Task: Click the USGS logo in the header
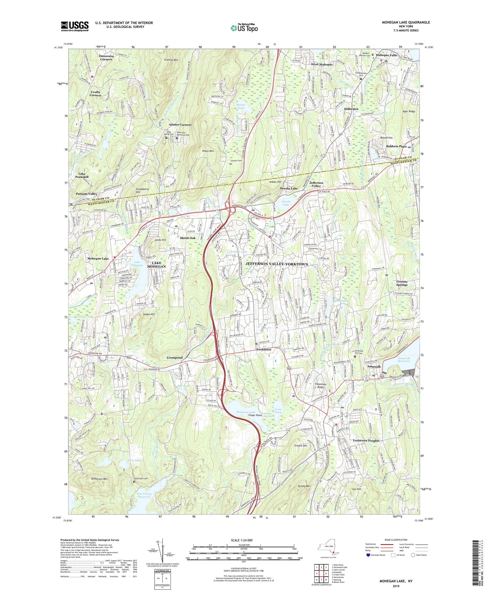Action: tap(75, 26)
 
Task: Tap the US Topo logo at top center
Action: tap(244, 28)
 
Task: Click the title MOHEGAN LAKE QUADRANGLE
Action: tap(406, 22)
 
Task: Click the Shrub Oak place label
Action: tap(188, 238)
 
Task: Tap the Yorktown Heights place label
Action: tap(366, 441)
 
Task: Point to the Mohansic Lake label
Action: tap(246, 412)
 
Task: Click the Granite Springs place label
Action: tap(402, 283)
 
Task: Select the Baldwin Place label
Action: tap(396, 146)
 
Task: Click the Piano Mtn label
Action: tap(208, 151)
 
